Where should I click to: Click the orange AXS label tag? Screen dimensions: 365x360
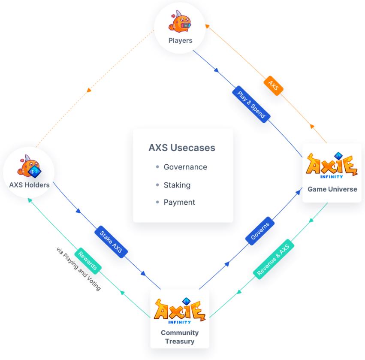coord(273,85)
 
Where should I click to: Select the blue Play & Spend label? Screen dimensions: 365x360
coord(251,104)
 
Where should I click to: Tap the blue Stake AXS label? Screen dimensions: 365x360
coord(111,242)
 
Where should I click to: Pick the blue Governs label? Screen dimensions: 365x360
coord(260,231)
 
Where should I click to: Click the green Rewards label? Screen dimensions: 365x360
coord(87,261)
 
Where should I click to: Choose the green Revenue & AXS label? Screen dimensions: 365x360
coord(274,259)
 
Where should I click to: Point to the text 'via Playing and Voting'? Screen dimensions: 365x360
coord(78,269)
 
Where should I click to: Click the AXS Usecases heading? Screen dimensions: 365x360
coord(182,148)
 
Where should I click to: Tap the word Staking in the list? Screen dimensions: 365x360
coord(177,185)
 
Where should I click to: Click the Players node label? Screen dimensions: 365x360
coord(181,40)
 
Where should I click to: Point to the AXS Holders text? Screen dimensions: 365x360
coord(29,185)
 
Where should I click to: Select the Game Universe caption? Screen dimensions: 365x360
coord(332,189)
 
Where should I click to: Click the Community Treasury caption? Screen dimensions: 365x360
coord(180,337)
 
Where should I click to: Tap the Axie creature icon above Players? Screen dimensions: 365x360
coord(180,21)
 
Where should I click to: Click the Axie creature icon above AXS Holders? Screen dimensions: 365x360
coord(29,166)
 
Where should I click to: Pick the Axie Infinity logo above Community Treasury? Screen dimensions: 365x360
coord(179,311)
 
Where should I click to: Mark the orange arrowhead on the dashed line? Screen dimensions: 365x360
coord(89,90)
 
